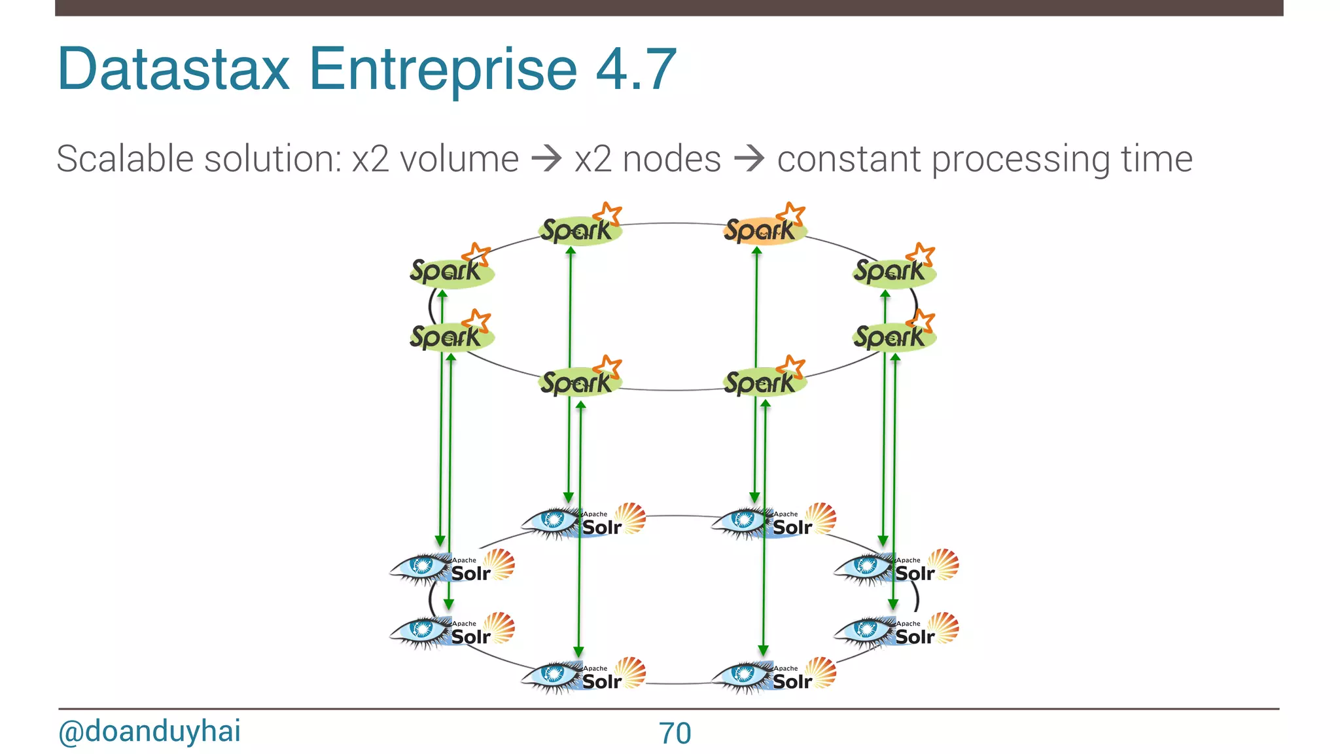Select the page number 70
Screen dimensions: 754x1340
pyautogui.click(x=675, y=733)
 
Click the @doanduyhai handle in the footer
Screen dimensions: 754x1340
pyautogui.click(x=149, y=731)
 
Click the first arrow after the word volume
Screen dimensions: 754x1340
pyautogui.click(x=546, y=159)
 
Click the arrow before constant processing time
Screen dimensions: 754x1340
pyautogui.click(x=749, y=159)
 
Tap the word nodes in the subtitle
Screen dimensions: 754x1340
pyautogui.click(x=671, y=159)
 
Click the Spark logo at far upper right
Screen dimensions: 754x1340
pyautogui.click(x=893, y=270)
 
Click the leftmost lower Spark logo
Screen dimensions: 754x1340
pyautogui.click(x=450, y=336)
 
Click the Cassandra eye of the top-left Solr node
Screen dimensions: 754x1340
pyautogui.click(x=553, y=520)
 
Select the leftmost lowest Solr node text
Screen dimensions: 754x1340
pyautogui.click(x=470, y=636)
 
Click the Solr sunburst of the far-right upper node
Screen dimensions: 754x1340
pyautogui.click(x=943, y=564)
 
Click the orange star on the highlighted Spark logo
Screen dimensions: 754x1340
pyautogui.click(x=792, y=214)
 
